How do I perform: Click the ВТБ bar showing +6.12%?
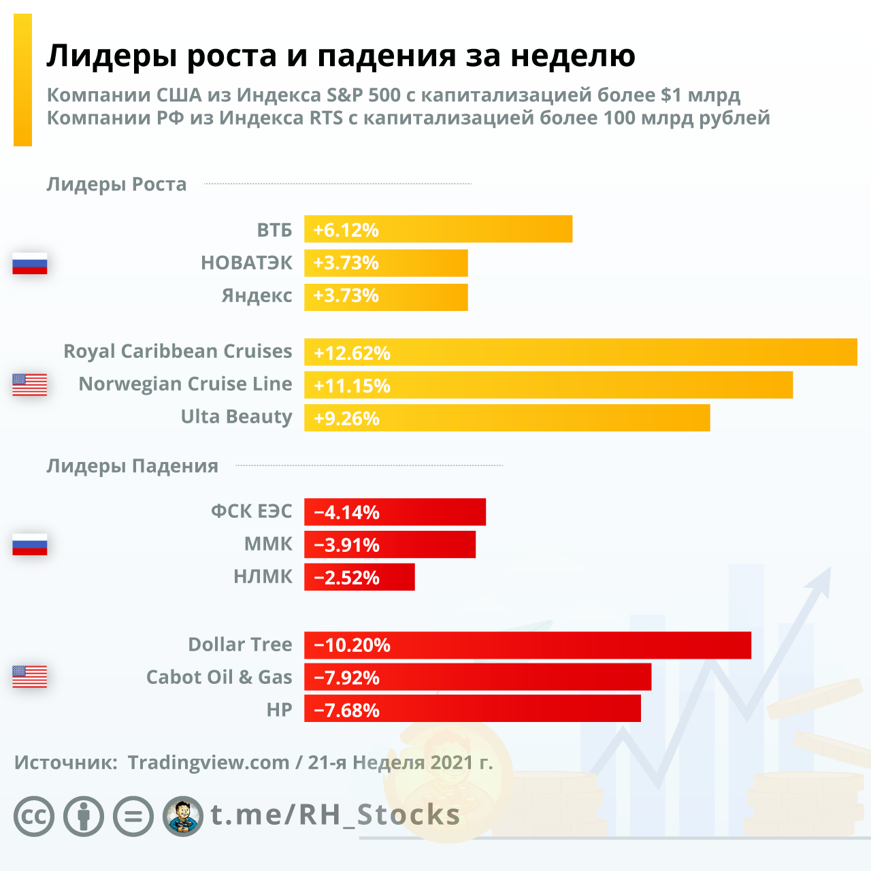[438, 229]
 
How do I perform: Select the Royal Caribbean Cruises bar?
[580, 352]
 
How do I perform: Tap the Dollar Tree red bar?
[527, 645]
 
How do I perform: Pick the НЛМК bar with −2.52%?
[359, 577]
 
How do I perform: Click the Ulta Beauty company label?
[236, 416]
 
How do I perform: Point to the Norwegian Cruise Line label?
[185, 384]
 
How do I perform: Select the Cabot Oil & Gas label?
[219, 677]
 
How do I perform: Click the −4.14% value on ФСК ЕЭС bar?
[347, 512]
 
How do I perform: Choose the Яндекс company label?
[257, 296]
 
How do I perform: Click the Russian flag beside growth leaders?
[30, 263]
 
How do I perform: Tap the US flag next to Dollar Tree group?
[30, 676]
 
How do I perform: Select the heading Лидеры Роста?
[116, 184]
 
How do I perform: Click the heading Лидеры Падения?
[132, 466]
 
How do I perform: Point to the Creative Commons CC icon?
[34, 816]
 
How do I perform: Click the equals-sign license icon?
[133, 816]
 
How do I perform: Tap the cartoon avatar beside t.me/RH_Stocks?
[183, 816]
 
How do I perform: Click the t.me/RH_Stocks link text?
[335, 815]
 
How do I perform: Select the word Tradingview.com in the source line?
[208, 763]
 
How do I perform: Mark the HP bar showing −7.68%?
[472, 709]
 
